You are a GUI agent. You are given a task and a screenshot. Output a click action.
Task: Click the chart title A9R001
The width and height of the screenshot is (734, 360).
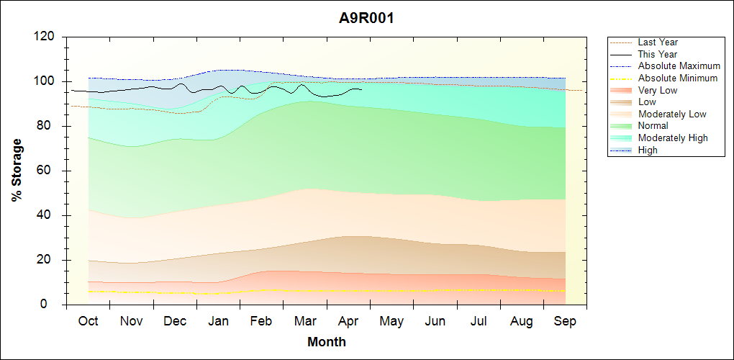point(366,18)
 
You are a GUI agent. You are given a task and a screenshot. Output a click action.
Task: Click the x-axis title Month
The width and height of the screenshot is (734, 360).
point(327,342)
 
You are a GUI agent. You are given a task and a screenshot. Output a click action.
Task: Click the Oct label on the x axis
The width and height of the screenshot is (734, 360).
point(88,321)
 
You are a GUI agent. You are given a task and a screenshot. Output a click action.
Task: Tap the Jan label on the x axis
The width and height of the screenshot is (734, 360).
point(218,321)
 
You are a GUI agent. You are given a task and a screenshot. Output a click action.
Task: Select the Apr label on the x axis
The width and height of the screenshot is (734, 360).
point(348,321)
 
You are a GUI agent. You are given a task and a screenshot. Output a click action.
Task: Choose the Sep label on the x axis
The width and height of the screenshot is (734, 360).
point(565,321)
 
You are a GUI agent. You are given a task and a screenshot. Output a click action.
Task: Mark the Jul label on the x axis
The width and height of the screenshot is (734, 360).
point(479,321)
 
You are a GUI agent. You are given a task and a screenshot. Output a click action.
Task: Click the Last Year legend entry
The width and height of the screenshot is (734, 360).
point(658,42)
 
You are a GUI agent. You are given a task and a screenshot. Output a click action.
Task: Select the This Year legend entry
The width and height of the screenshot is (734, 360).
point(658,54)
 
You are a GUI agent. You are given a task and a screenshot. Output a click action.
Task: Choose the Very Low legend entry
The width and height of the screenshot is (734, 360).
point(658,90)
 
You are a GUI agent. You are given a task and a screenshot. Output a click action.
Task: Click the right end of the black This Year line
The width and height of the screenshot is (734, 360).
point(361,90)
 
